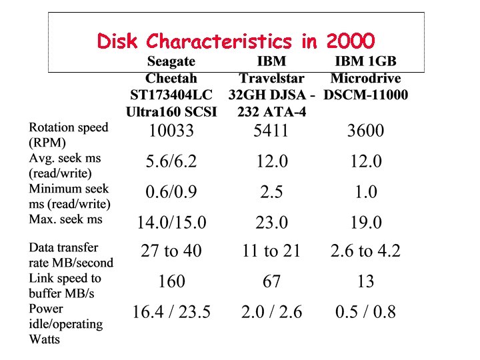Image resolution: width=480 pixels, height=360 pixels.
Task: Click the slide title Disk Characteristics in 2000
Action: (x=236, y=41)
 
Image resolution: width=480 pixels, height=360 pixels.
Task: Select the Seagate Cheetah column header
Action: (x=171, y=87)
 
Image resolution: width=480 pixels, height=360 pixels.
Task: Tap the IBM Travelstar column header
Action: (x=271, y=87)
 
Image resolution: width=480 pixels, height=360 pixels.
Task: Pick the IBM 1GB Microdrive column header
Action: (x=365, y=78)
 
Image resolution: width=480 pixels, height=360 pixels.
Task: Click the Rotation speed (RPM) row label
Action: (x=68, y=135)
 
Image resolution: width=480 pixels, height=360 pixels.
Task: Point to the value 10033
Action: (x=171, y=130)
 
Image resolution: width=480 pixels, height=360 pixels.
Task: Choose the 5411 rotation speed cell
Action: (x=271, y=130)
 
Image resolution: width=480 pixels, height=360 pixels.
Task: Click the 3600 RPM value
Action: (x=365, y=130)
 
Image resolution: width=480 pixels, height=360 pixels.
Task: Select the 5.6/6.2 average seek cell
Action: (x=171, y=161)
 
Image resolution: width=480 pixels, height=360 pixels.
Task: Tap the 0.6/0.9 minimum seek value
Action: (x=171, y=192)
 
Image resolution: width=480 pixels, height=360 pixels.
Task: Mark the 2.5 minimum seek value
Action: (x=271, y=192)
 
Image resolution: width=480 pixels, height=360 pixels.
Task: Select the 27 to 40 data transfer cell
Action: (x=171, y=251)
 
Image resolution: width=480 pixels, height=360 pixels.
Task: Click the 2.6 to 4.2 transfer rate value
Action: (x=365, y=251)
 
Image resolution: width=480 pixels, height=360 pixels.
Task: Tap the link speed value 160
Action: (x=171, y=282)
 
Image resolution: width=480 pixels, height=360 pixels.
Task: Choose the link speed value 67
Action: (x=271, y=282)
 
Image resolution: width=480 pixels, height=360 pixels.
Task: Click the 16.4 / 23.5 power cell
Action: (x=171, y=312)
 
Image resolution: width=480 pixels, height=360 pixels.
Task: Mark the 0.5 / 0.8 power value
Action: (x=365, y=312)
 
